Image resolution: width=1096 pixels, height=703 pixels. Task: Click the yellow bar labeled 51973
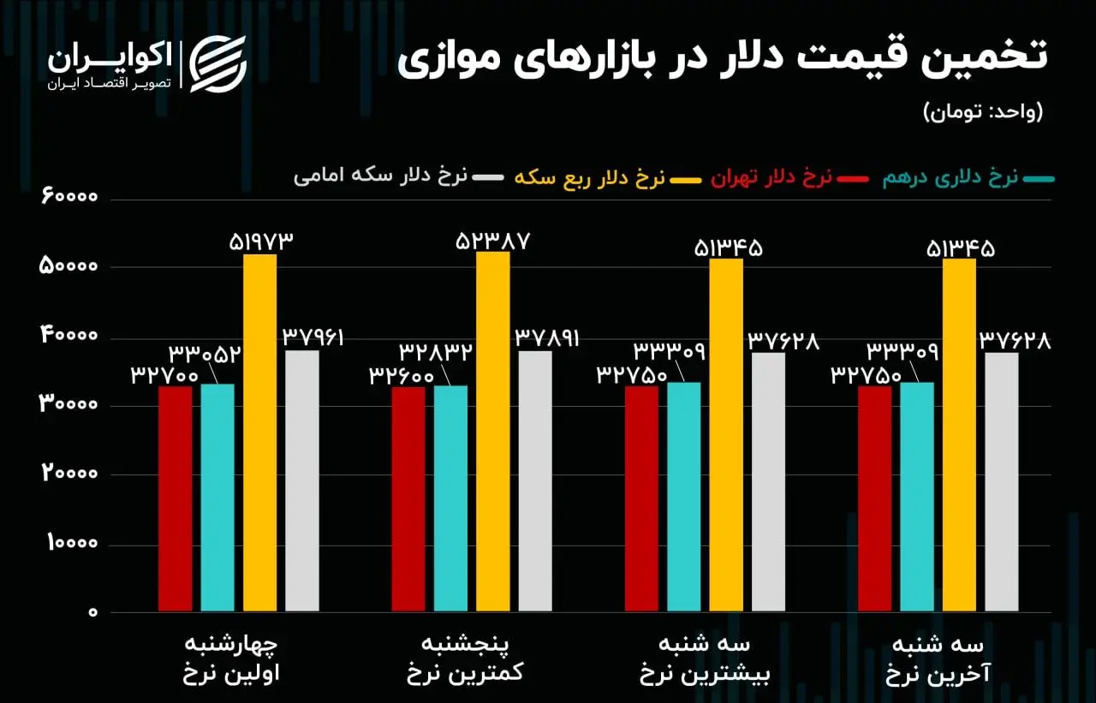point(259,433)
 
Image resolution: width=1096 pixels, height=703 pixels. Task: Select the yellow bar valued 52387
point(492,432)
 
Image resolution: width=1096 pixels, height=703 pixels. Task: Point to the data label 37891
point(546,337)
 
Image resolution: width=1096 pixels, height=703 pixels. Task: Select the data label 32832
point(435,353)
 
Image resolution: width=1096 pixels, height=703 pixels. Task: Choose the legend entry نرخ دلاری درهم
point(959,178)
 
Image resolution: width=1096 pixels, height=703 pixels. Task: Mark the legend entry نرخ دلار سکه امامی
point(381,176)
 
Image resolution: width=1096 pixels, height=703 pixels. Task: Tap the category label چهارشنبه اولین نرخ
point(232,658)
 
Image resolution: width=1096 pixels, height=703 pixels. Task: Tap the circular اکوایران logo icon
point(217,63)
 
